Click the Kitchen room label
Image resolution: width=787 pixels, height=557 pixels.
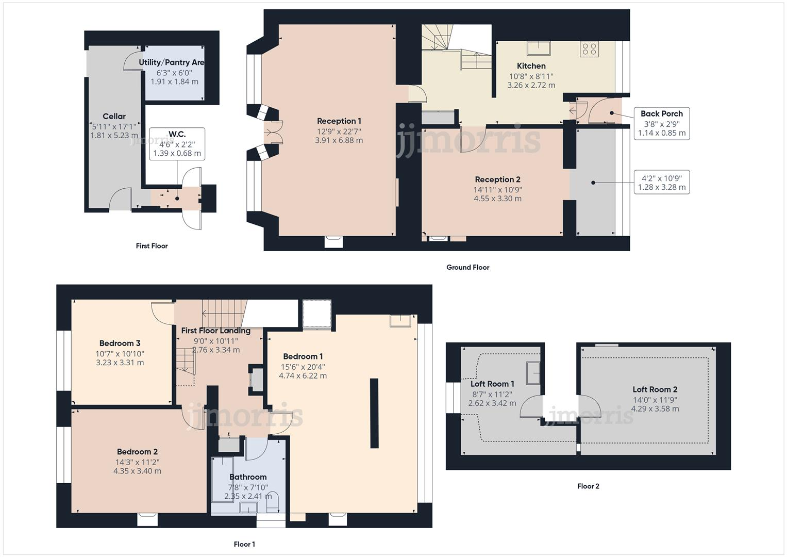(x=531, y=66)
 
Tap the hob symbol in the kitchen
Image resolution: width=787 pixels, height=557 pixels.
(x=589, y=49)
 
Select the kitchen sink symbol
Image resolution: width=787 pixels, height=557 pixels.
(x=538, y=48)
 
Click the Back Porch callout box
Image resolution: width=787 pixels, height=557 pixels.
(x=661, y=123)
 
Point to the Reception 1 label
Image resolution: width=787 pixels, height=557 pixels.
(x=339, y=121)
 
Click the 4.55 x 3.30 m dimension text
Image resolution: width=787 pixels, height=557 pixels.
(x=497, y=199)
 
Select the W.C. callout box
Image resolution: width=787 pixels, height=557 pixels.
(x=177, y=144)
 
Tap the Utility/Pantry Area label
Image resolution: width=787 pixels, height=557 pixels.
(x=172, y=62)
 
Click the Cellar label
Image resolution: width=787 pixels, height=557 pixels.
(x=114, y=117)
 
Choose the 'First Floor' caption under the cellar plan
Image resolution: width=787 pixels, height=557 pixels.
(x=152, y=246)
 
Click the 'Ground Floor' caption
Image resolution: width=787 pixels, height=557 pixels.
(x=467, y=267)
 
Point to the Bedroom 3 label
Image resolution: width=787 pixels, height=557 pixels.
(x=120, y=343)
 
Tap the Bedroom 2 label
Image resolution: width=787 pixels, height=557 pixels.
(x=137, y=452)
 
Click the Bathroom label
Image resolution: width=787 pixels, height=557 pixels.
(x=248, y=477)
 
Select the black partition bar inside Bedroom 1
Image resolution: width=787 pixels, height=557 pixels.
(x=374, y=413)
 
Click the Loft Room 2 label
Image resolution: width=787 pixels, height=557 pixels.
(x=655, y=390)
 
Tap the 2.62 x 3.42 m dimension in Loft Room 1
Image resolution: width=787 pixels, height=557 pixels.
(x=492, y=403)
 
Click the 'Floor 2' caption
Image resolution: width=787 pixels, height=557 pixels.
(x=588, y=486)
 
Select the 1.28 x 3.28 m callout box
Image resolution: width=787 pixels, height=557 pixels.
(x=661, y=183)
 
